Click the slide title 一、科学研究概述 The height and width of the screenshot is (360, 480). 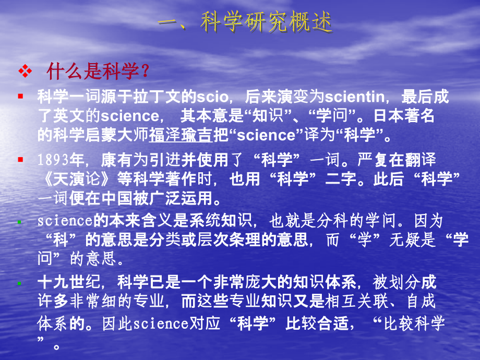(x=246, y=23)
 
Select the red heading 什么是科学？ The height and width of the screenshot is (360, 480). (x=98, y=71)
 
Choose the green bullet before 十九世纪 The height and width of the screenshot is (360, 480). (x=20, y=283)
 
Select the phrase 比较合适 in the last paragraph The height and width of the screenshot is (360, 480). (x=314, y=323)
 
